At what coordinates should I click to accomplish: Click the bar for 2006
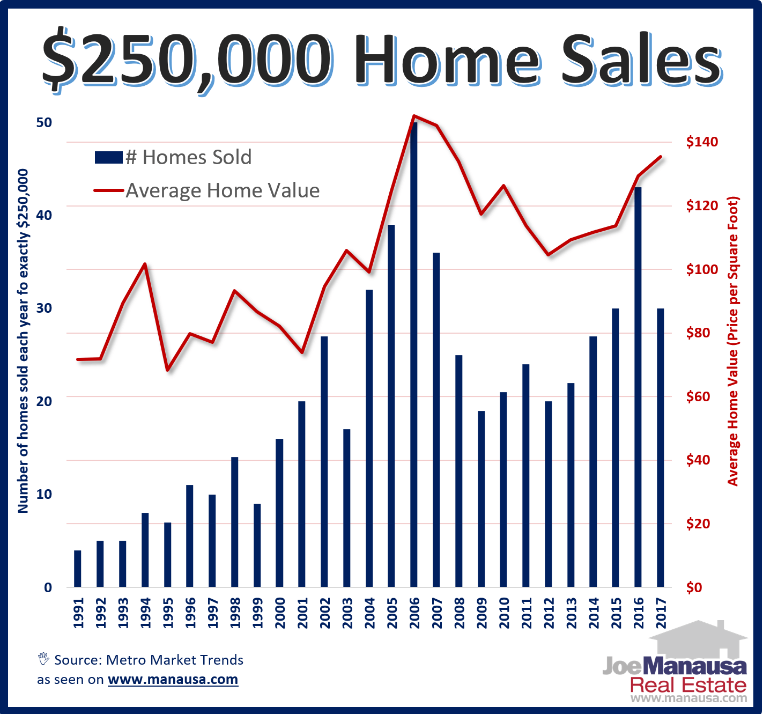pos(414,354)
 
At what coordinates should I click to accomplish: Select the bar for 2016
pos(638,386)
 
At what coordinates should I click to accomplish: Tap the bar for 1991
pos(78,569)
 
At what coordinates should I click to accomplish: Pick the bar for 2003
pos(347,507)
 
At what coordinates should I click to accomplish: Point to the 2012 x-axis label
pos(549,613)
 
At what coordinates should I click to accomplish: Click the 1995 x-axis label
pos(168,613)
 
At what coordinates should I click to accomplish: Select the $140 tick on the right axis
pos(702,142)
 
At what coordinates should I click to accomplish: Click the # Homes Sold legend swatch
pos(108,157)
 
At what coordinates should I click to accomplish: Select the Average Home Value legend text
pos(223,190)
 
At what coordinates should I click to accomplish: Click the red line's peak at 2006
pos(414,115)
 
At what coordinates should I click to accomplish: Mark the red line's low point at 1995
pos(168,370)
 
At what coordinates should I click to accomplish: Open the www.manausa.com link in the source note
pos(173,680)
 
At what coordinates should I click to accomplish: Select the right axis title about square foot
pos(733,341)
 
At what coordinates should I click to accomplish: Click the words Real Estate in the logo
pos(688,685)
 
